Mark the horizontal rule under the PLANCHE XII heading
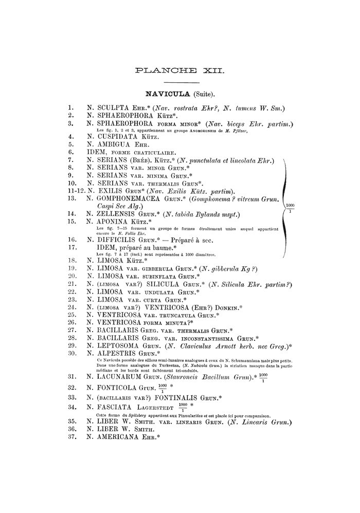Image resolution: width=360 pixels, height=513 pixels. tap(179, 82)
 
